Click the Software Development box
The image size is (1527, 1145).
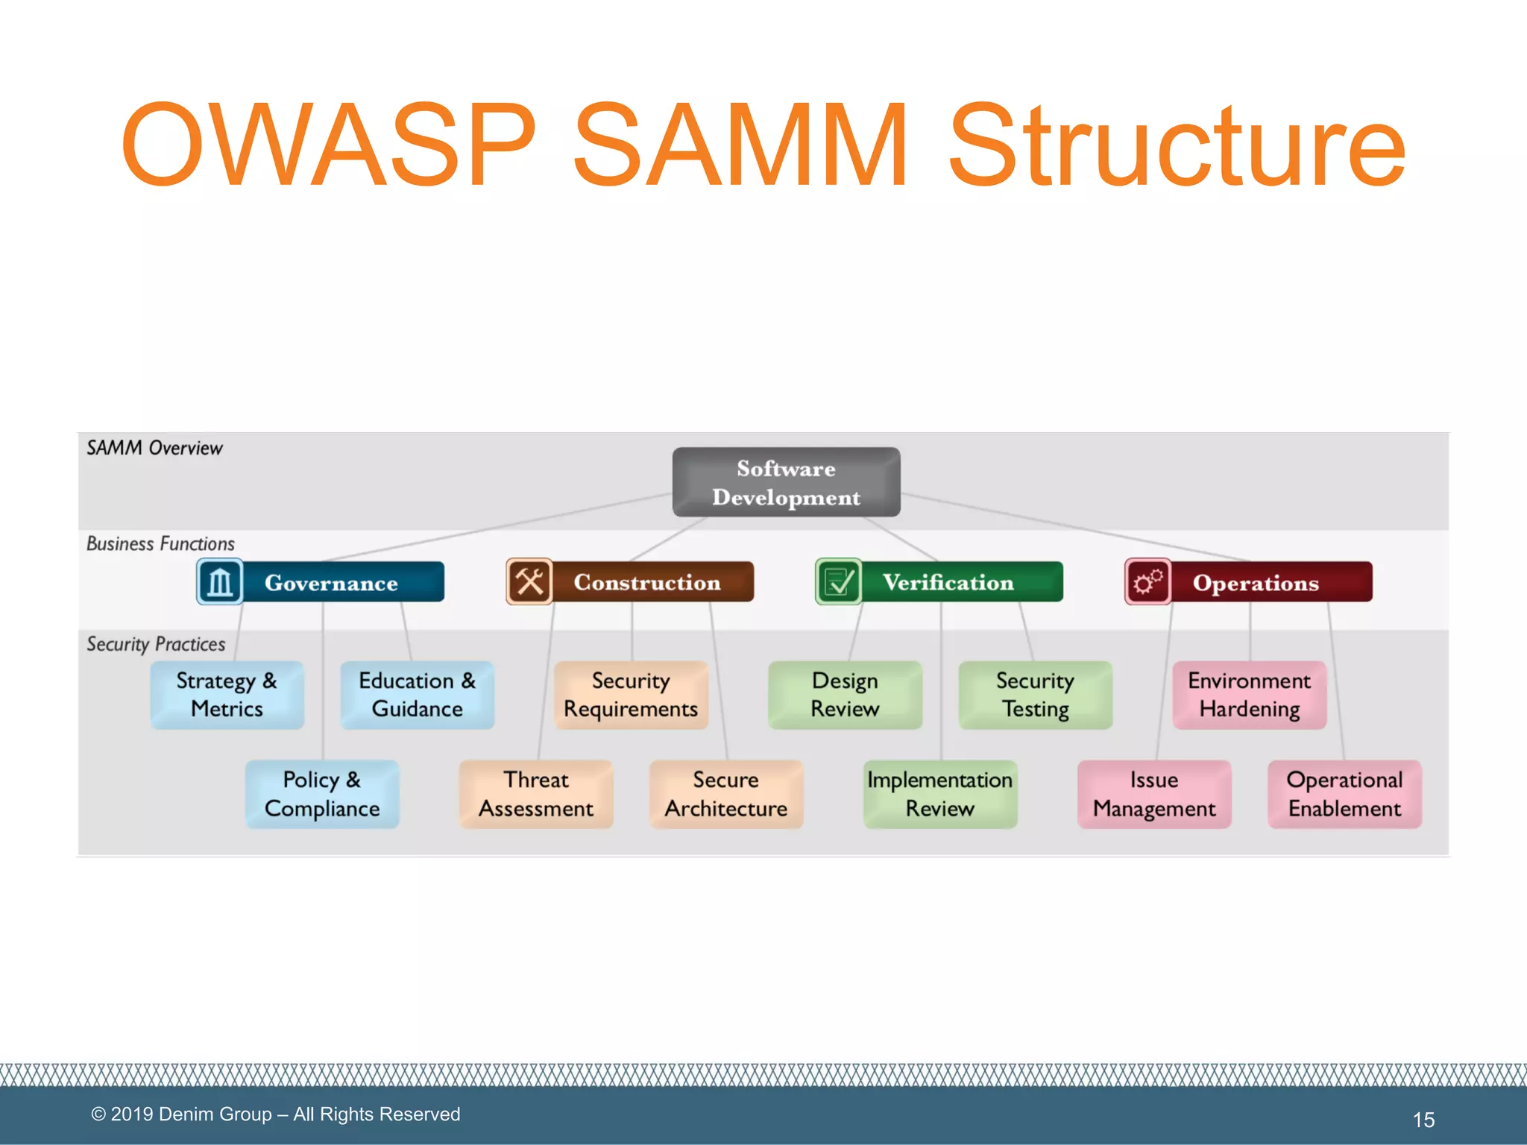point(786,482)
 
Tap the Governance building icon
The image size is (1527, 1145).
point(220,582)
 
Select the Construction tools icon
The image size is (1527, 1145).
point(529,581)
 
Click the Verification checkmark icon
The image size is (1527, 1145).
point(839,581)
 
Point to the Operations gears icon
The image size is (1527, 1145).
point(1147,581)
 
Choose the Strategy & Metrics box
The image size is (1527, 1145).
point(227,695)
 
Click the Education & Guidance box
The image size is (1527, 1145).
point(417,695)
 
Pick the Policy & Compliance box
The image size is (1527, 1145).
point(322,794)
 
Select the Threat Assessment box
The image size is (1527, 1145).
point(536,794)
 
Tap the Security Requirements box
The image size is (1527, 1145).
point(631,695)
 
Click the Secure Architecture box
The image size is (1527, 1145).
point(726,794)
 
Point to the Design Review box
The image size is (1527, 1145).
point(845,695)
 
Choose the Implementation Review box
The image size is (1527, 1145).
point(940,794)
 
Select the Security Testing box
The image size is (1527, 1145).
point(1035,695)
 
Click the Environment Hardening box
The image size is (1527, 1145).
point(1249,695)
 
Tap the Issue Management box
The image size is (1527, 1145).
point(1154,794)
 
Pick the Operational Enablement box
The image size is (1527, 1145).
point(1344,794)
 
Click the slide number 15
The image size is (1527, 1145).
point(1423,1120)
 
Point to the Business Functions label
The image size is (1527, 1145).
point(160,543)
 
